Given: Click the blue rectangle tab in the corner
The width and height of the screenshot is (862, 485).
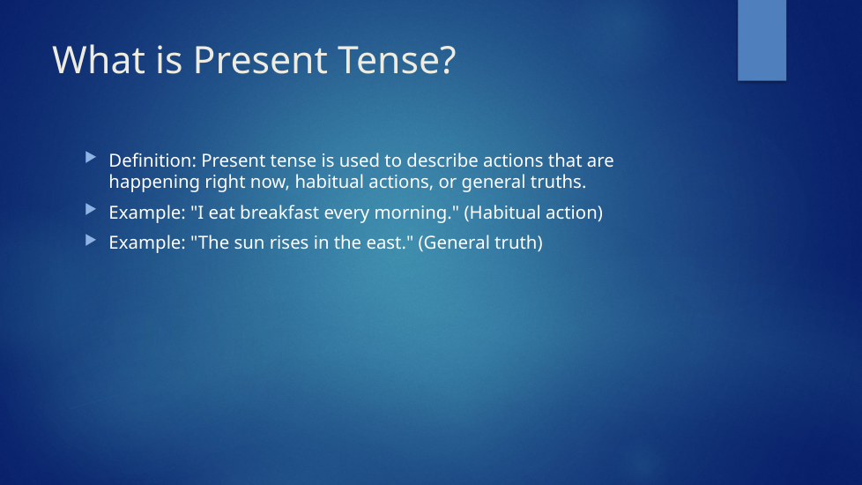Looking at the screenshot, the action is click(x=762, y=41).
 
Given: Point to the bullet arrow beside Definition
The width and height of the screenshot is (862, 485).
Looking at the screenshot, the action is click(x=91, y=158).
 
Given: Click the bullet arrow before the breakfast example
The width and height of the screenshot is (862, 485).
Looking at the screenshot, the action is click(x=91, y=210).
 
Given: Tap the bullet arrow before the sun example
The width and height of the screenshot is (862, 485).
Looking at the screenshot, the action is click(x=91, y=240).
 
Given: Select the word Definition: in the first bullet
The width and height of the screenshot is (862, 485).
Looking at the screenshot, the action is click(x=152, y=160).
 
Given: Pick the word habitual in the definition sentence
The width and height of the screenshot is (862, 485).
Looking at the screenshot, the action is click(x=331, y=182).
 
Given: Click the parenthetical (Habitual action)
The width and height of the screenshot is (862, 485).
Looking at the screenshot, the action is click(x=533, y=213).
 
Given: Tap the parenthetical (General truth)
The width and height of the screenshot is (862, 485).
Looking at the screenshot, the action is click(x=480, y=243).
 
